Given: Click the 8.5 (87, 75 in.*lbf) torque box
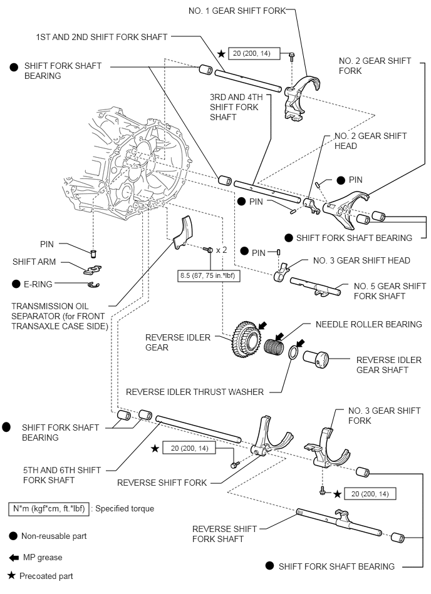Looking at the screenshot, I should (209, 274).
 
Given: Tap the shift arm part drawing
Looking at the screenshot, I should (93, 269).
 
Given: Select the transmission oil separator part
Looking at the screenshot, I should (183, 232).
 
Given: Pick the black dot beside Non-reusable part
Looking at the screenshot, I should (13, 536).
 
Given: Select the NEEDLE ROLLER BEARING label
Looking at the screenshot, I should (368, 324).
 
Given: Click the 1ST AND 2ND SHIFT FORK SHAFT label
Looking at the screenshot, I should (101, 37).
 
